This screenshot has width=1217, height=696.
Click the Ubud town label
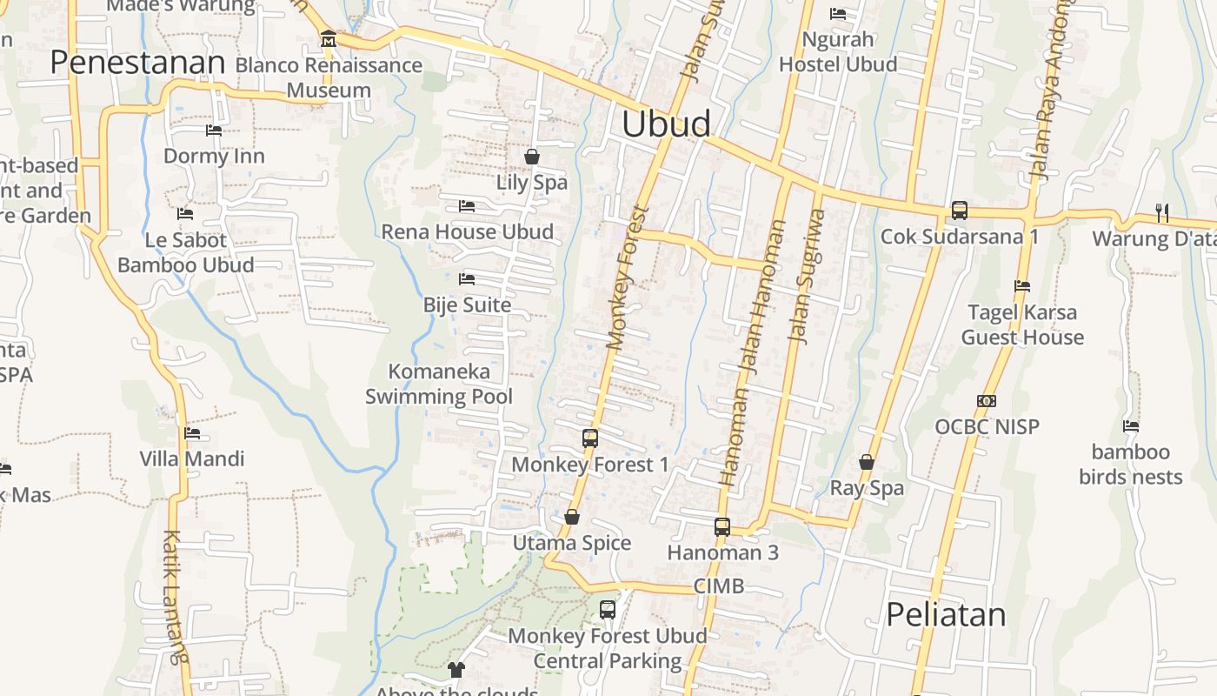pos(666,124)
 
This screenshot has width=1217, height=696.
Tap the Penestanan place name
pos(137,63)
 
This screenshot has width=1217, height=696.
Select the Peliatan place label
pos(946,614)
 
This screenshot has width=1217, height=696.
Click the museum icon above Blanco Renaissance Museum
pos(328,39)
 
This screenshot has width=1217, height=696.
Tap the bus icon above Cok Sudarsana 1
pos(960,211)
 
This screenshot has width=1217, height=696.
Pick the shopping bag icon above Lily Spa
pos(532,157)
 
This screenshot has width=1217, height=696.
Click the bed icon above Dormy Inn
pos(214,130)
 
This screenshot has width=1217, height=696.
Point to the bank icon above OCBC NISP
pos(987,401)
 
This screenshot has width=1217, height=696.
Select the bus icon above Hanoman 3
pos(722,526)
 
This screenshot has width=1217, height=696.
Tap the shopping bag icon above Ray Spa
pos(867,462)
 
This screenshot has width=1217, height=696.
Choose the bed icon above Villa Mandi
pos(192,432)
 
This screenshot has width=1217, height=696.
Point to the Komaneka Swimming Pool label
pos(439,384)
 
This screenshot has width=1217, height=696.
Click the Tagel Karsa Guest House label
pos(1022,325)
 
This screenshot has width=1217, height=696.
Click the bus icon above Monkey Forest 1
pos(590,438)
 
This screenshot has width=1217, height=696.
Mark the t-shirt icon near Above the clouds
pos(456,669)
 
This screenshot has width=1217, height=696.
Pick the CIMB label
pos(719,586)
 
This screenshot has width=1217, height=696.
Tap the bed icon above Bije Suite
pos(467,279)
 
